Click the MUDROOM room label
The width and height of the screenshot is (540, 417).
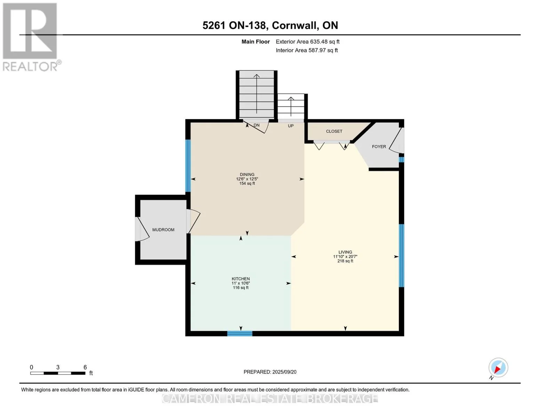[163, 230]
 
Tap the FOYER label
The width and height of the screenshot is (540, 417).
[379, 147]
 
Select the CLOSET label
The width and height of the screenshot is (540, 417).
[334, 131]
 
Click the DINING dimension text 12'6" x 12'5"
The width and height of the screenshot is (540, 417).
[247, 179]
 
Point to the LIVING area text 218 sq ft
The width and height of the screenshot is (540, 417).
[345, 261]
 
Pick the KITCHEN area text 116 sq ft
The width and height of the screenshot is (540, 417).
[241, 288]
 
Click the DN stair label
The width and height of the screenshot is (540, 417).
[257, 125]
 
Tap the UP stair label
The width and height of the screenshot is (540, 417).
[290, 126]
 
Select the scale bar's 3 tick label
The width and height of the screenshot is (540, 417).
[58, 367]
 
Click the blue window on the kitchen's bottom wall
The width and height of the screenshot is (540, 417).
[240, 334]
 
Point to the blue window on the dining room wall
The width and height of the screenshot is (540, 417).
[188, 166]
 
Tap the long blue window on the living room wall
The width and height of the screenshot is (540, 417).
[401, 255]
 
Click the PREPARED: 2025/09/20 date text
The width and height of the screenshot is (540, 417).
[270, 372]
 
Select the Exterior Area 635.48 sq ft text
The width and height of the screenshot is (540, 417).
[307, 42]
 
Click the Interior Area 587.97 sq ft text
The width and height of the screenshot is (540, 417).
[307, 50]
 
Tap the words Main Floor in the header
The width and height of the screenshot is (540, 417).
[256, 42]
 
